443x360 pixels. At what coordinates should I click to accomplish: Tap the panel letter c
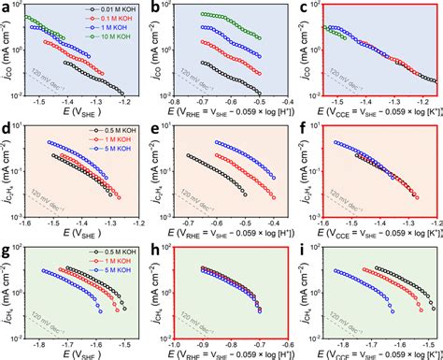[x=305, y=7]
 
